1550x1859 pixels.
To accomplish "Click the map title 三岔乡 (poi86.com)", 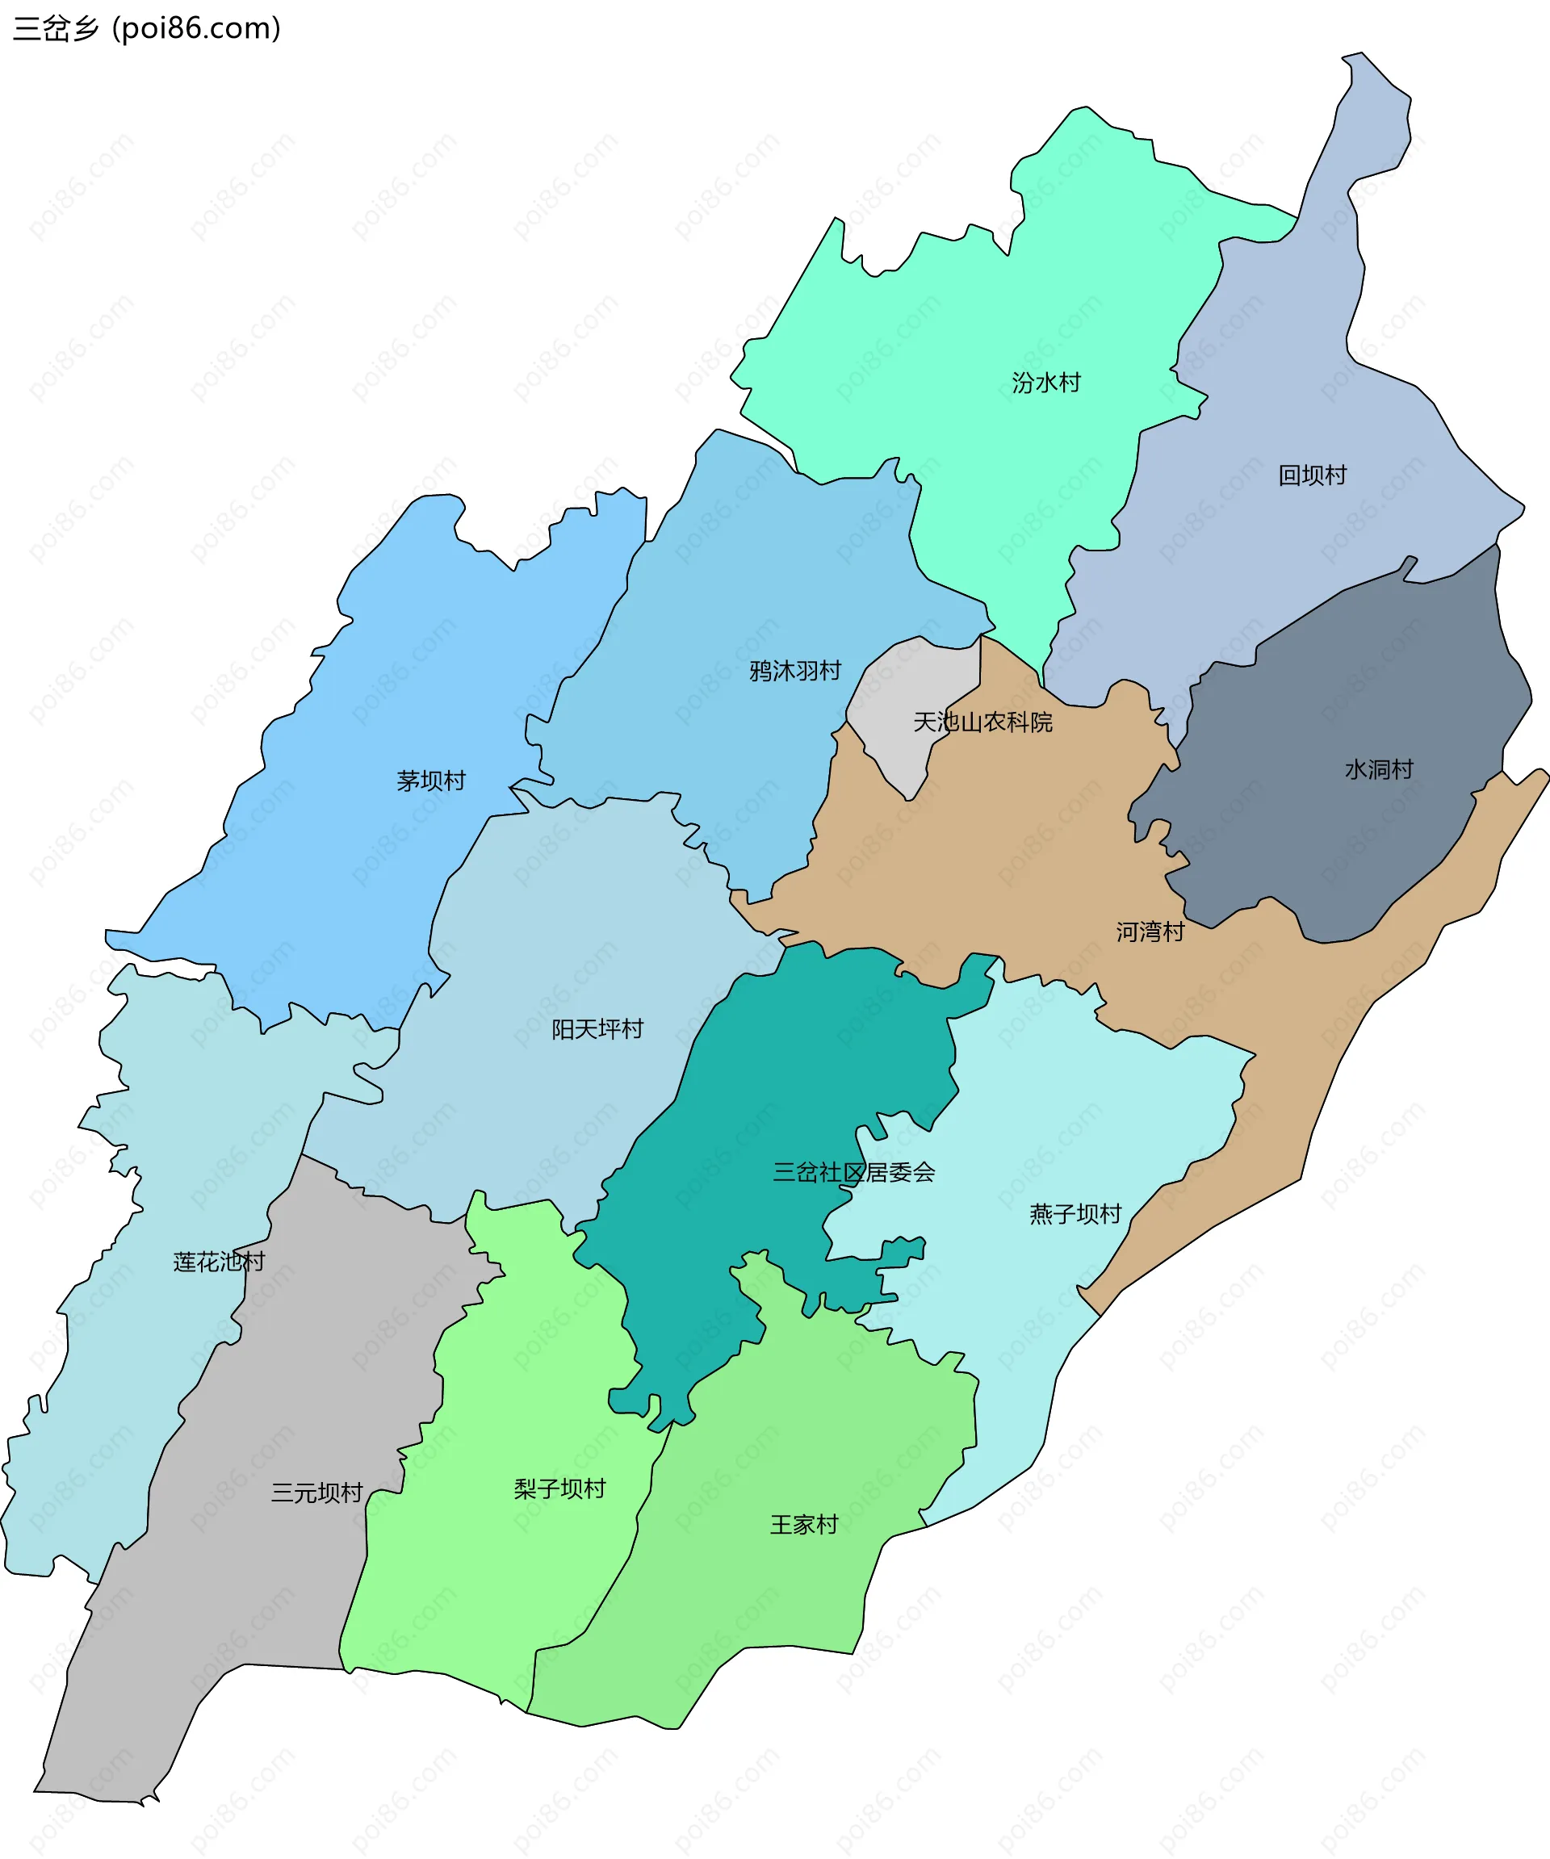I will [x=147, y=28].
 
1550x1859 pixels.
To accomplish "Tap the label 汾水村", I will [x=1046, y=383].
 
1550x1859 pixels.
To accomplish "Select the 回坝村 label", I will [x=1312, y=475].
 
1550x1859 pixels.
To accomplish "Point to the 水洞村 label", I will [x=1378, y=769].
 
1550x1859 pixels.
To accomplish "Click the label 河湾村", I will [x=1150, y=932].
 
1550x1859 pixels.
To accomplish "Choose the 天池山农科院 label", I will [x=982, y=722].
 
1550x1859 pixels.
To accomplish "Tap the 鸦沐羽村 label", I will [x=795, y=671].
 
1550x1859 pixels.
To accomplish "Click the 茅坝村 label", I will [x=431, y=781].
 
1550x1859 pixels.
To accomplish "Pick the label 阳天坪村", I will [x=597, y=1028].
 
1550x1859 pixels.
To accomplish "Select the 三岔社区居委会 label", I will [x=853, y=1172].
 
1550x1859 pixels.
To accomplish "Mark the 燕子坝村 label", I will [x=1075, y=1214].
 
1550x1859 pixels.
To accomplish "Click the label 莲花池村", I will [x=219, y=1262].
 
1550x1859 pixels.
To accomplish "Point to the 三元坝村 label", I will [x=317, y=1493].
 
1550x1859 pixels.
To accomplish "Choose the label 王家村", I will [x=804, y=1524].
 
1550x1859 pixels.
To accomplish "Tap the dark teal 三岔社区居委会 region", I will [x=797, y=1062].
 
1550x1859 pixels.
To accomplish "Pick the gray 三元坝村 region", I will [x=266, y=1593].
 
